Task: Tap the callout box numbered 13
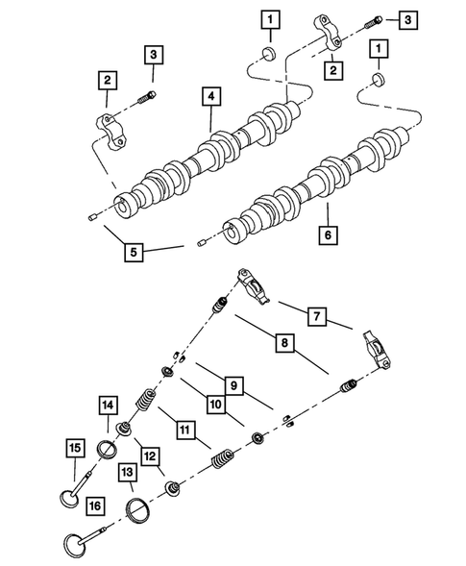click(127, 471)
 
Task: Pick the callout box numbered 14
click(108, 406)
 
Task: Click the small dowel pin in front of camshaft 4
click(87, 219)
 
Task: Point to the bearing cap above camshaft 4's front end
click(113, 130)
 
